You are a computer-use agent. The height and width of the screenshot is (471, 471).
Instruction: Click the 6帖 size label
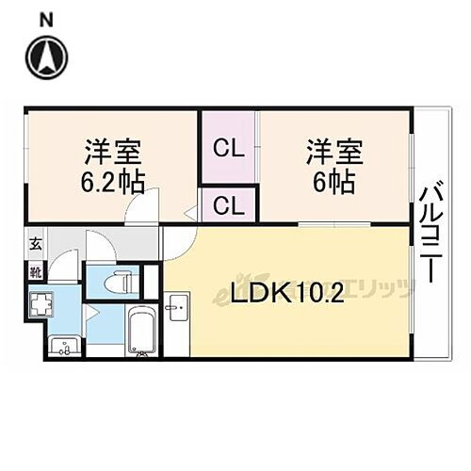[x=334, y=181]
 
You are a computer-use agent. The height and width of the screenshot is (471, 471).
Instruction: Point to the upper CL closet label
[x=226, y=148]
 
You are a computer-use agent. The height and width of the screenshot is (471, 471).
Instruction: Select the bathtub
[x=142, y=333]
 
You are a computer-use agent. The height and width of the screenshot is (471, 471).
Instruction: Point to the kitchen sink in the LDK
[x=176, y=304]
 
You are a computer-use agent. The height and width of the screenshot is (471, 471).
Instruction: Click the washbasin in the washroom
[x=64, y=347]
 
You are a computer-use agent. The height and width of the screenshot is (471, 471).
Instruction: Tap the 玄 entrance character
[x=35, y=245]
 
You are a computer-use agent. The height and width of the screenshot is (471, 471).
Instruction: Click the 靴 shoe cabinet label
[x=35, y=273]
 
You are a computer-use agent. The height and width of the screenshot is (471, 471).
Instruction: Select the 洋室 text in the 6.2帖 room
[x=111, y=151]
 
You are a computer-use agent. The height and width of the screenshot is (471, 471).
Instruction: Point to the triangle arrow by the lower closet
[x=189, y=213]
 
